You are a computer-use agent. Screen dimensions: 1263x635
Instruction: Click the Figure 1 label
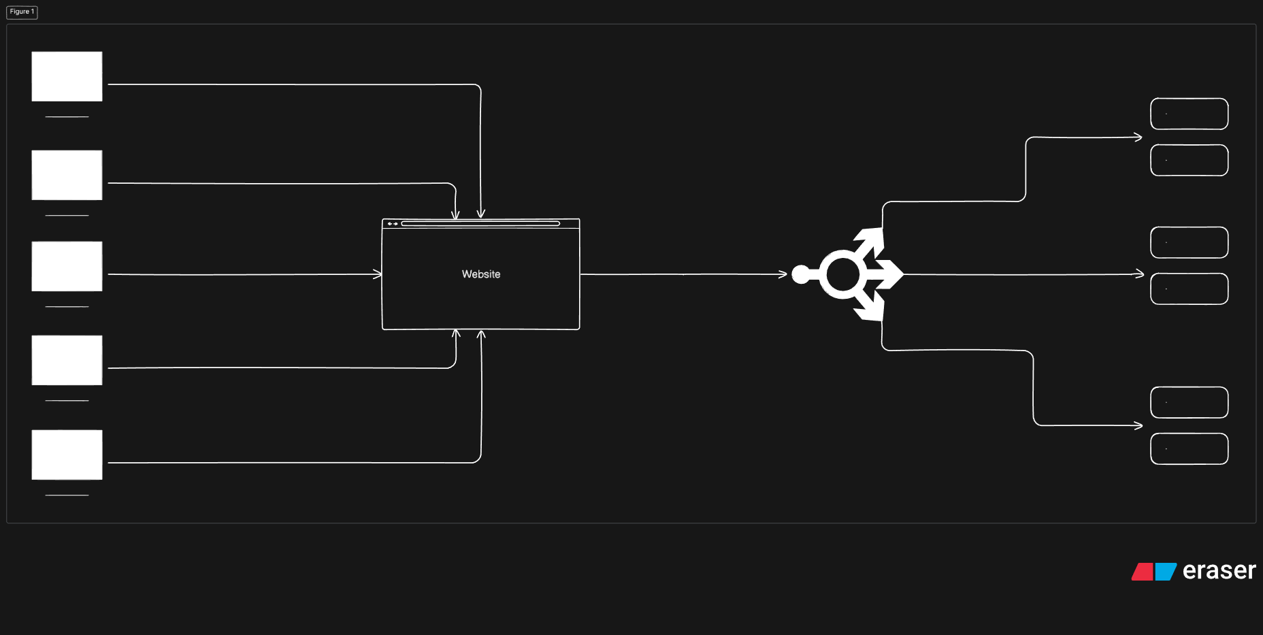coord(22,12)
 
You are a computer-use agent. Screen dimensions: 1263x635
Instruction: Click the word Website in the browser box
coord(481,274)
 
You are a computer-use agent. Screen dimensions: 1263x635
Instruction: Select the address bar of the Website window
coord(480,223)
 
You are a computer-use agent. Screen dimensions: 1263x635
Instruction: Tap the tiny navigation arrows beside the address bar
coord(393,223)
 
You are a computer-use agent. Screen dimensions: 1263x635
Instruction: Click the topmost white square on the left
coord(67,76)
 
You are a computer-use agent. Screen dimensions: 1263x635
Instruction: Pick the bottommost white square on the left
coord(67,455)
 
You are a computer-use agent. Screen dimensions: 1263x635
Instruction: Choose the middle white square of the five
coord(67,266)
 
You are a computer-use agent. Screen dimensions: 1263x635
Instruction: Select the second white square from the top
coord(67,175)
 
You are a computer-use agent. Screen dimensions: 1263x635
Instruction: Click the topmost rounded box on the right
coord(1189,114)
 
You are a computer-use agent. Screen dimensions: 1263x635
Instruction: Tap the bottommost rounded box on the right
coord(1189,449)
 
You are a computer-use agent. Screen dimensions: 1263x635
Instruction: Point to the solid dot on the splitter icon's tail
coord(801,274)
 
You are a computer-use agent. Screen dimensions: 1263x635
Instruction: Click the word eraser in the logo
coord(1219,570)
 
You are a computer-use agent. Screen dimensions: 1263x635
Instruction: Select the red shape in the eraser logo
coord(1143,572)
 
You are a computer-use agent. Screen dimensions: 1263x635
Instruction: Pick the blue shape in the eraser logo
coord(1165,572)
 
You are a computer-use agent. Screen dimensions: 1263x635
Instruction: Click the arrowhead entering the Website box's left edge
coord(378,274)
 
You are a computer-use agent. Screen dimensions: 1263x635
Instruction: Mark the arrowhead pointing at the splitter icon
coord(783,274)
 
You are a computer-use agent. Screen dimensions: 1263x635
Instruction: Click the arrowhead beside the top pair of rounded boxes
coord(1138,137)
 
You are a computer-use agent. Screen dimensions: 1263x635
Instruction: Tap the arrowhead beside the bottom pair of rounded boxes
coord(1138,425)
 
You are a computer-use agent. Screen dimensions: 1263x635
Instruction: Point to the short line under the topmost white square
coord(67,117)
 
